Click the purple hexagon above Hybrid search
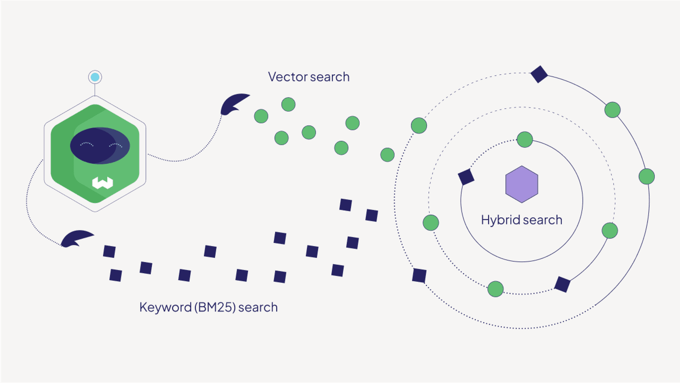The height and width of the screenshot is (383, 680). tap(522, 184)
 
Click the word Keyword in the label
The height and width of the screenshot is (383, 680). tap(165, 307)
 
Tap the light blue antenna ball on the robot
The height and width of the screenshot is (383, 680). tap(95, 77)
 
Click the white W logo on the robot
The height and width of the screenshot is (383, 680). tap(102, 183)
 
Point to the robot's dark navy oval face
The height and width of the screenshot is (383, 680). tap(100, 145)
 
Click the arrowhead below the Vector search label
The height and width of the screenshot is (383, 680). tap(234, 103)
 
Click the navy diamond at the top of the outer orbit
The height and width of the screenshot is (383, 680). tap(539, 74)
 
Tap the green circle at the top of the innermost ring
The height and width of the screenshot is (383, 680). tap(525, 139)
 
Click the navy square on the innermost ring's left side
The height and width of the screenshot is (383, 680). tap(466, 177)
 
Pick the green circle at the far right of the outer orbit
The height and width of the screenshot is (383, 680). tap(646, 176)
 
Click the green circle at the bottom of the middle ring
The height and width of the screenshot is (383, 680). tap(495, 289)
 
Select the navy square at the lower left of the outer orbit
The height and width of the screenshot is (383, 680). tap(419, 276)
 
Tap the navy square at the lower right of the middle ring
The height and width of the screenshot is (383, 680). tap(562, 284)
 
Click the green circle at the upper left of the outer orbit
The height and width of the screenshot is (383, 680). tap(419, 126)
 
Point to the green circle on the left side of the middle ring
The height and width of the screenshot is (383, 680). tap(431, 223)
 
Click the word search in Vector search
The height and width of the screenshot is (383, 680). tap(329, 77)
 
